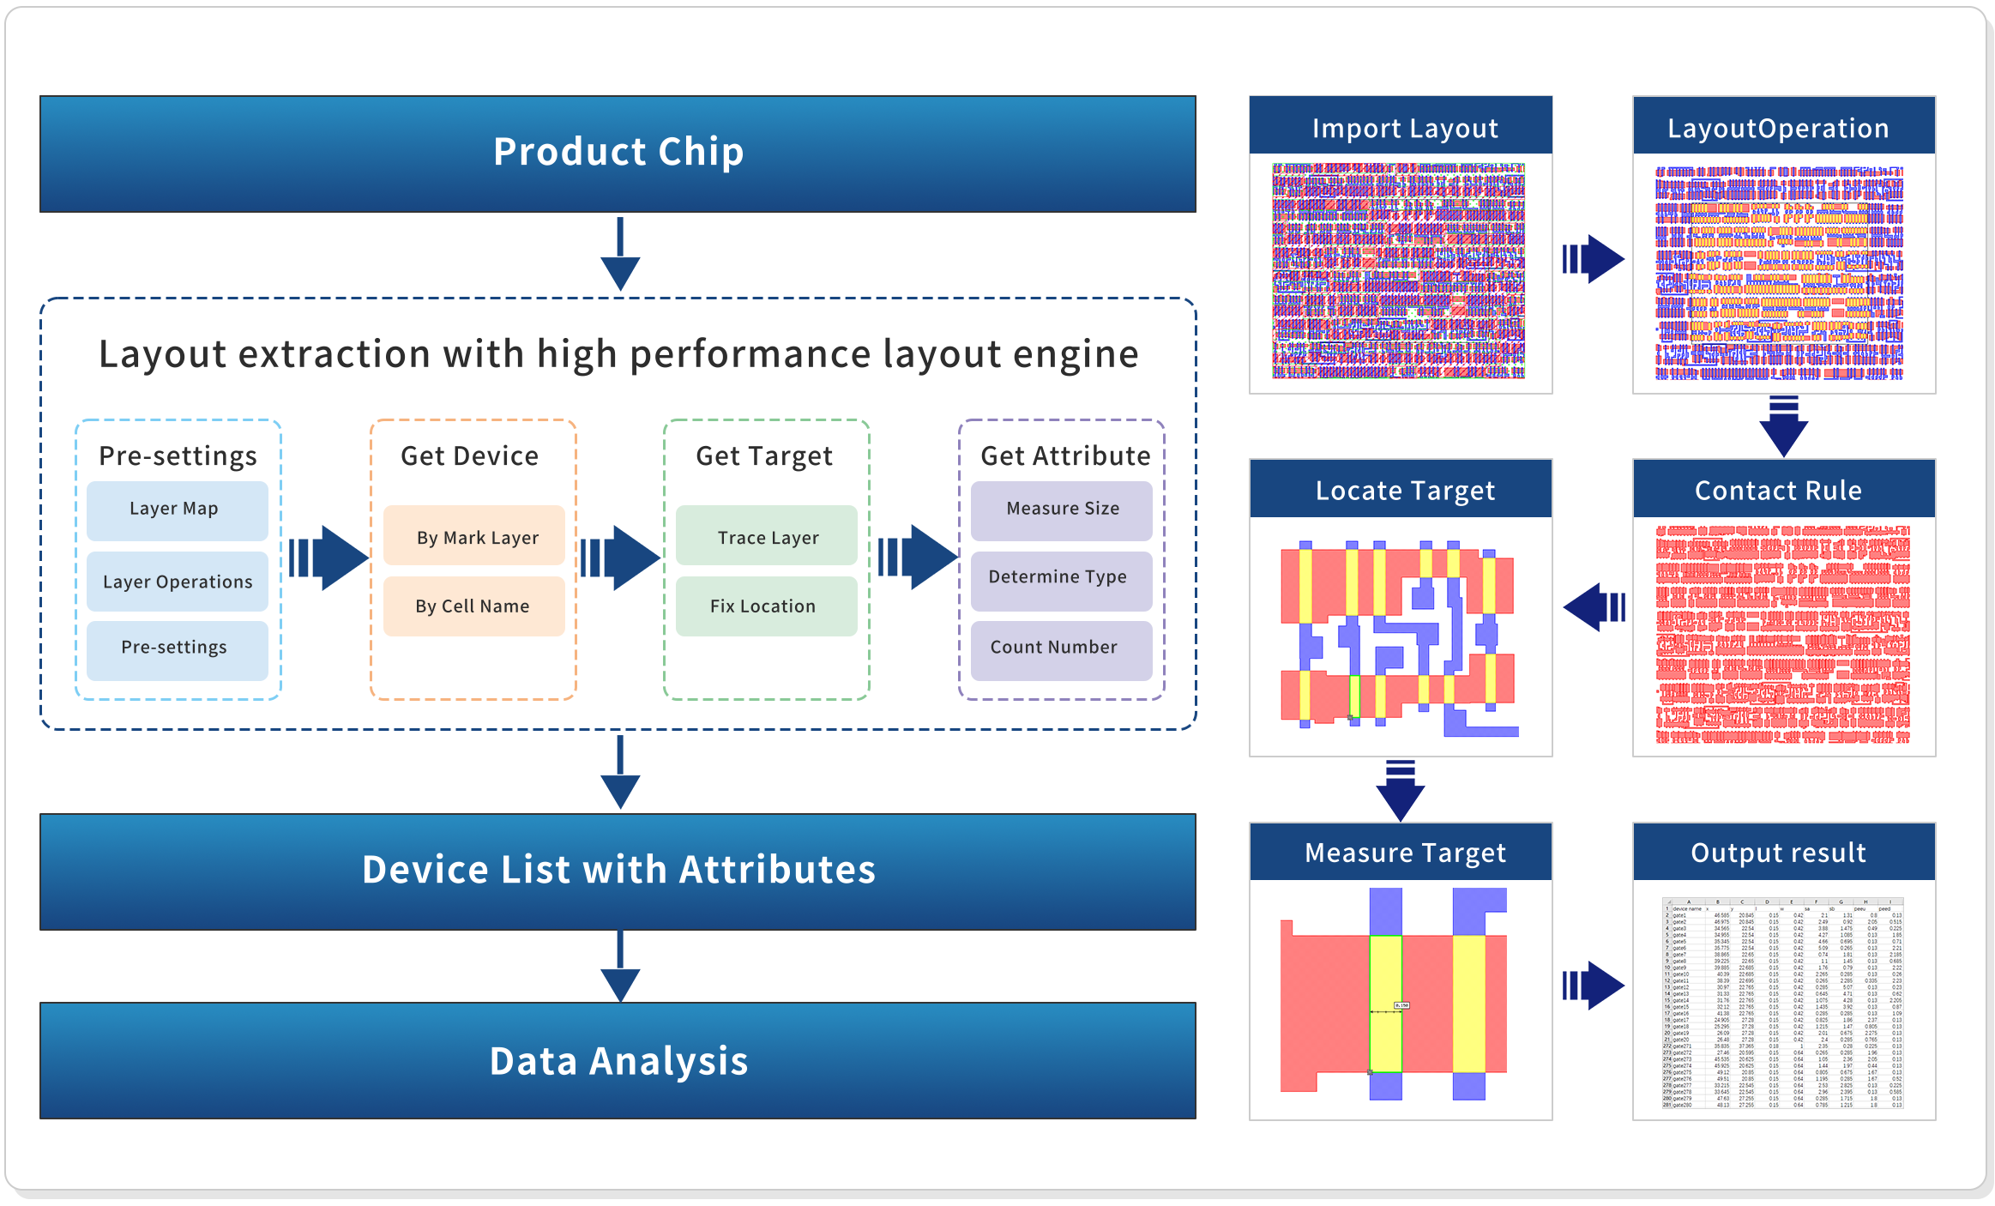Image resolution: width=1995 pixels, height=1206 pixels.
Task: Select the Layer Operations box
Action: pos(177,582)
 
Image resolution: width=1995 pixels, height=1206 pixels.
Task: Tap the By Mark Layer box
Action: pos(474,537)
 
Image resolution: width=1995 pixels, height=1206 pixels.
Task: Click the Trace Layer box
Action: pos(767,537)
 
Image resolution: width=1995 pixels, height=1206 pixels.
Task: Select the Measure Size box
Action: pos(1062,510)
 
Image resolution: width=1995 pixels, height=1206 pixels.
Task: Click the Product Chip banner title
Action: pos(618,153)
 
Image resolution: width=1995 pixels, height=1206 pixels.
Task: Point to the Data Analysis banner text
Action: pos(618,1061)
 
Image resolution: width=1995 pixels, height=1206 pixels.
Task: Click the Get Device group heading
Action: pos(470,456)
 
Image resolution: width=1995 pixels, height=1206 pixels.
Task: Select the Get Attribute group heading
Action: pos(1065,456)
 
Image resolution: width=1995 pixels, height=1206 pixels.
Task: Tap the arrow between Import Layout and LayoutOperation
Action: pos(1594,259)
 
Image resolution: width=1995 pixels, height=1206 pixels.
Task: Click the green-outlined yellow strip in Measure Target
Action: pos(1385,1004)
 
